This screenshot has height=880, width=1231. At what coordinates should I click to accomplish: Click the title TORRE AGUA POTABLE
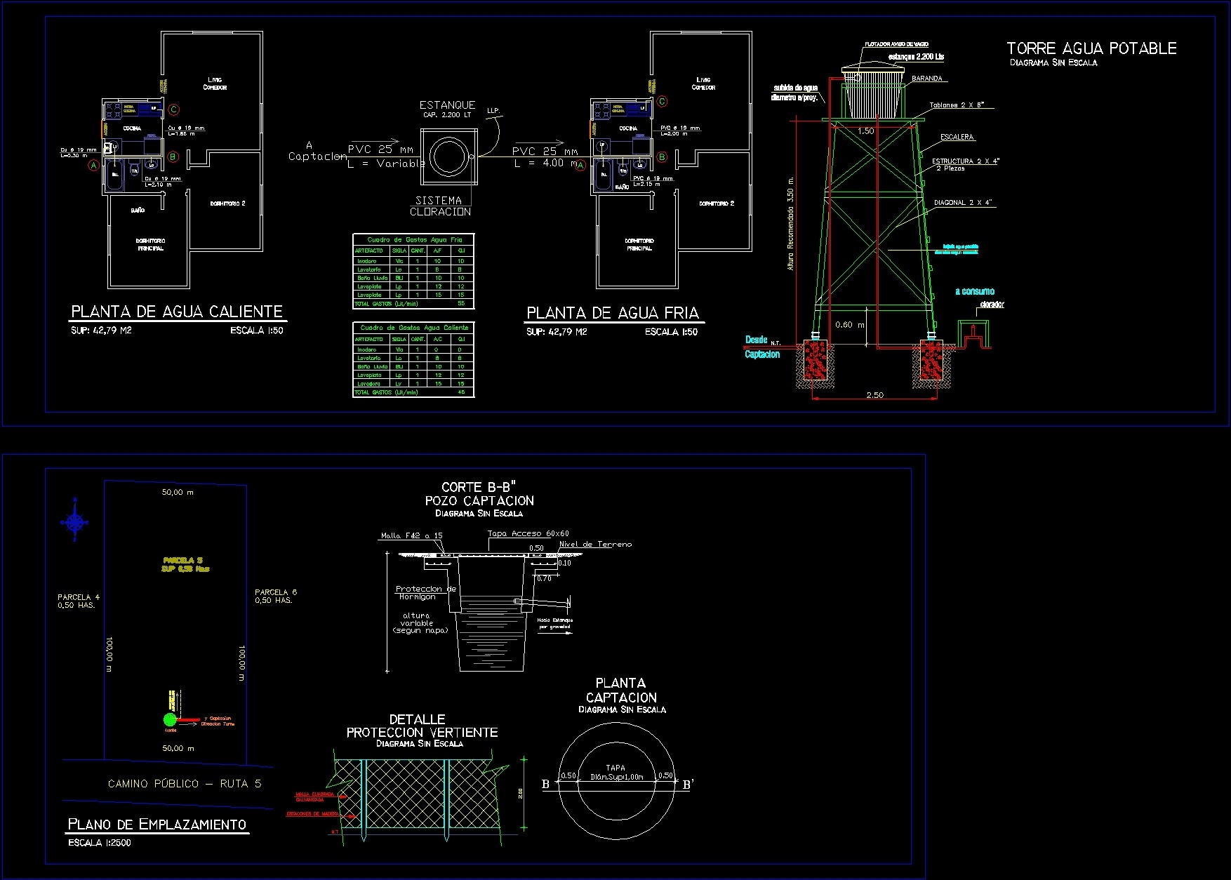[x=1091, y=48]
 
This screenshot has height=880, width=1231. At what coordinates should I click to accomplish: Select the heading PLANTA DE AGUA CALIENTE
[x=177, y=312]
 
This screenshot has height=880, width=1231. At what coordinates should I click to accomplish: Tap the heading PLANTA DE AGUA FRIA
[x=613, y=313]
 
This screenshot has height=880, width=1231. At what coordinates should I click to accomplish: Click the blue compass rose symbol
[x=74, y=521]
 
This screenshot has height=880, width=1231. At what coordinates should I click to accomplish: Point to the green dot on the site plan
[x=169, y=719]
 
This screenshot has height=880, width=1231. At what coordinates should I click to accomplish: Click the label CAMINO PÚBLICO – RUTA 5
[x=185, y=783]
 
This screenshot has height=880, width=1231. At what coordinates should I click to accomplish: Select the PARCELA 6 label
[x=275, y=596]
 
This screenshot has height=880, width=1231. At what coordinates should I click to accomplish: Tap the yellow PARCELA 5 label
[x=185, y=564]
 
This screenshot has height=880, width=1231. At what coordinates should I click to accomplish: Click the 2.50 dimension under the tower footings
[x=874, y=395]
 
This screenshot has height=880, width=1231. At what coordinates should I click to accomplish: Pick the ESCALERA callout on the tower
[x=957, y=137]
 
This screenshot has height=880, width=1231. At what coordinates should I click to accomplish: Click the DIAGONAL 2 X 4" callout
[x=963, y=203]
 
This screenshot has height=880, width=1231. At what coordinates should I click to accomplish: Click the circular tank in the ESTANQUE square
[x=449, y=157]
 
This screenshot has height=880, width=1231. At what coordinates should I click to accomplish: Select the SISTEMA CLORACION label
[x=440, y=206]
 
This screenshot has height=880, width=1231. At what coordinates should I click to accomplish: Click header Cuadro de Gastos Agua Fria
[x=414, y=240]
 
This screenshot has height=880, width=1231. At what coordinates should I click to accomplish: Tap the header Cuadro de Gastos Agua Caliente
[x=414, y=328]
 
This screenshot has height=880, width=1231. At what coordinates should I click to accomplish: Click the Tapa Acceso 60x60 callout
[x=528, y=533]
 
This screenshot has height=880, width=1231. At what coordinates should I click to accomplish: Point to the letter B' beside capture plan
[x=688, y=785]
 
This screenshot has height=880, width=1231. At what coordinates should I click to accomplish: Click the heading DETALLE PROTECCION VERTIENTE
[x=421, y=726]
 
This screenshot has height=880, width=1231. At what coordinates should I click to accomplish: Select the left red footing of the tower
[x=815, y=359]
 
